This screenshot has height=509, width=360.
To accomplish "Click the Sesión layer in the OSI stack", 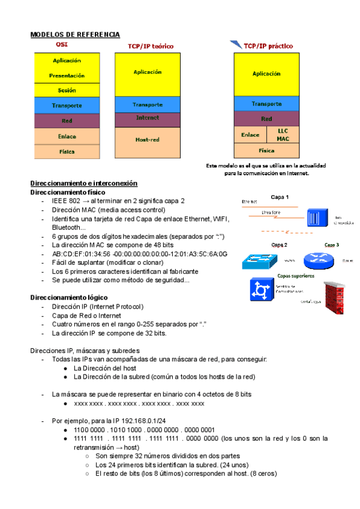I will coord(67,90).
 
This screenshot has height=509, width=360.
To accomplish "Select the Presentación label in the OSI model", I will coord(67,76).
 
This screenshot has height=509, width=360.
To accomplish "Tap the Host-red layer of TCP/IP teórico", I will coord(147,140).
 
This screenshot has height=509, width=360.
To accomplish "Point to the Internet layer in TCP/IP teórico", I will coord(147,118).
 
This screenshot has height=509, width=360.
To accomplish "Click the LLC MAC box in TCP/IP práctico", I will coord(283,134).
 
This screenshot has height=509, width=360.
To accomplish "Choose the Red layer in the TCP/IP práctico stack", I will coord(266,119).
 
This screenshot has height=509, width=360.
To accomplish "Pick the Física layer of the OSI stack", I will coord(67,152).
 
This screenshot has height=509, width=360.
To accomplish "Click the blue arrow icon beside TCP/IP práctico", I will coord(235,44).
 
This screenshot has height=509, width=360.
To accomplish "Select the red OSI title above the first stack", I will coord(62,44).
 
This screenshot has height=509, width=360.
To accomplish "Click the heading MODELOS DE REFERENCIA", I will coord(75,35).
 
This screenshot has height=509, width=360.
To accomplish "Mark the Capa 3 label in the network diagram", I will coord(332,245).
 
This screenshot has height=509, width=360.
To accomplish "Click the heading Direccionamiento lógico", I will coord(69,298).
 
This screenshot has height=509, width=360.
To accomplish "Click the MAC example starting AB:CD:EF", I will coord(140,254).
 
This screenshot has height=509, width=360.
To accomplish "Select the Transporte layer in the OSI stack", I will coord(67,106).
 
